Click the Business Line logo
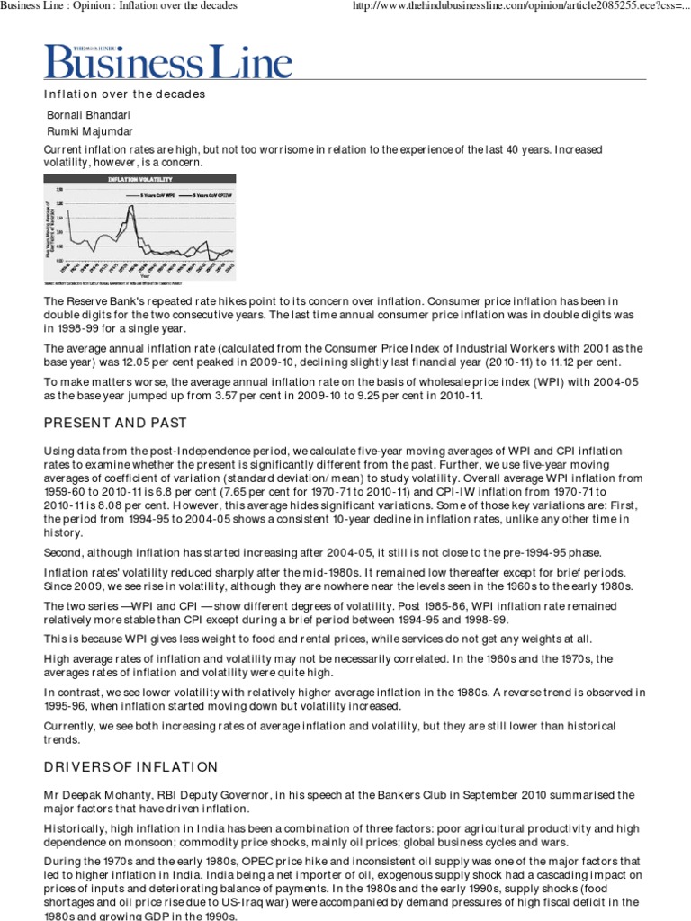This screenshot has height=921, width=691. click(x=168, y=60)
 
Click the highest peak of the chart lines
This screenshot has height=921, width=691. click(x=133, y=207)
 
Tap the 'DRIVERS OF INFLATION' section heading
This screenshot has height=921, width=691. click(x=130, y=766)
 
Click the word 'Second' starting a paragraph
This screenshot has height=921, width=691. click(x=64, y=552)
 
